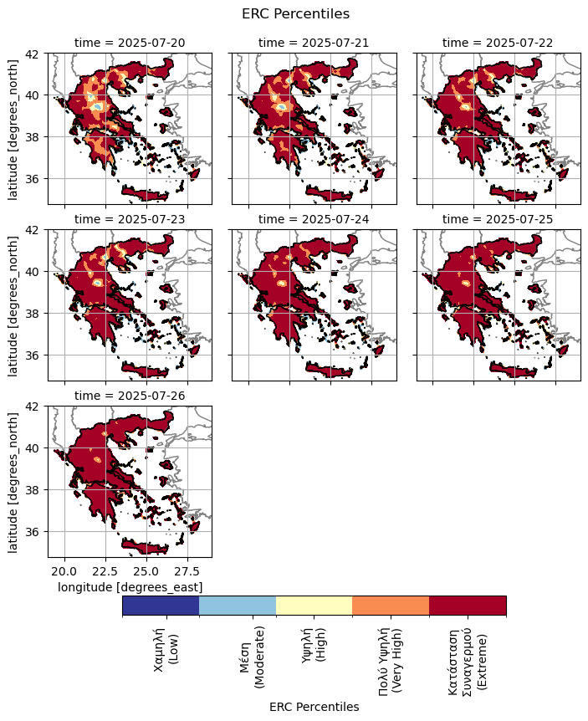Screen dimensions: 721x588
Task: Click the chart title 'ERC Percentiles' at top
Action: point(294,13)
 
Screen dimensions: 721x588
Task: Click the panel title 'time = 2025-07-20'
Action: point(129,42)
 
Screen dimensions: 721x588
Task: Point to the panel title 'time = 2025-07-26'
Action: point(129,395)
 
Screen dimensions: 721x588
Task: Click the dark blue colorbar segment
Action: point(161,606)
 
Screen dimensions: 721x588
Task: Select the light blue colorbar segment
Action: point(238,606)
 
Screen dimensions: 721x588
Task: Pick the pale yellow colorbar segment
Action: point(314,606)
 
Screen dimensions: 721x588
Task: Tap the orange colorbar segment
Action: point(391,606)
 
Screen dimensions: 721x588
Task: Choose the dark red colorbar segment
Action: point(468,606)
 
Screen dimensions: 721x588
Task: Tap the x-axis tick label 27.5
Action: point(188,571)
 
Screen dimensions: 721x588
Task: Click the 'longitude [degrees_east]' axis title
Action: point(130,587)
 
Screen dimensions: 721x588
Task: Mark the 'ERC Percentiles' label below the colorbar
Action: point(314,707)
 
